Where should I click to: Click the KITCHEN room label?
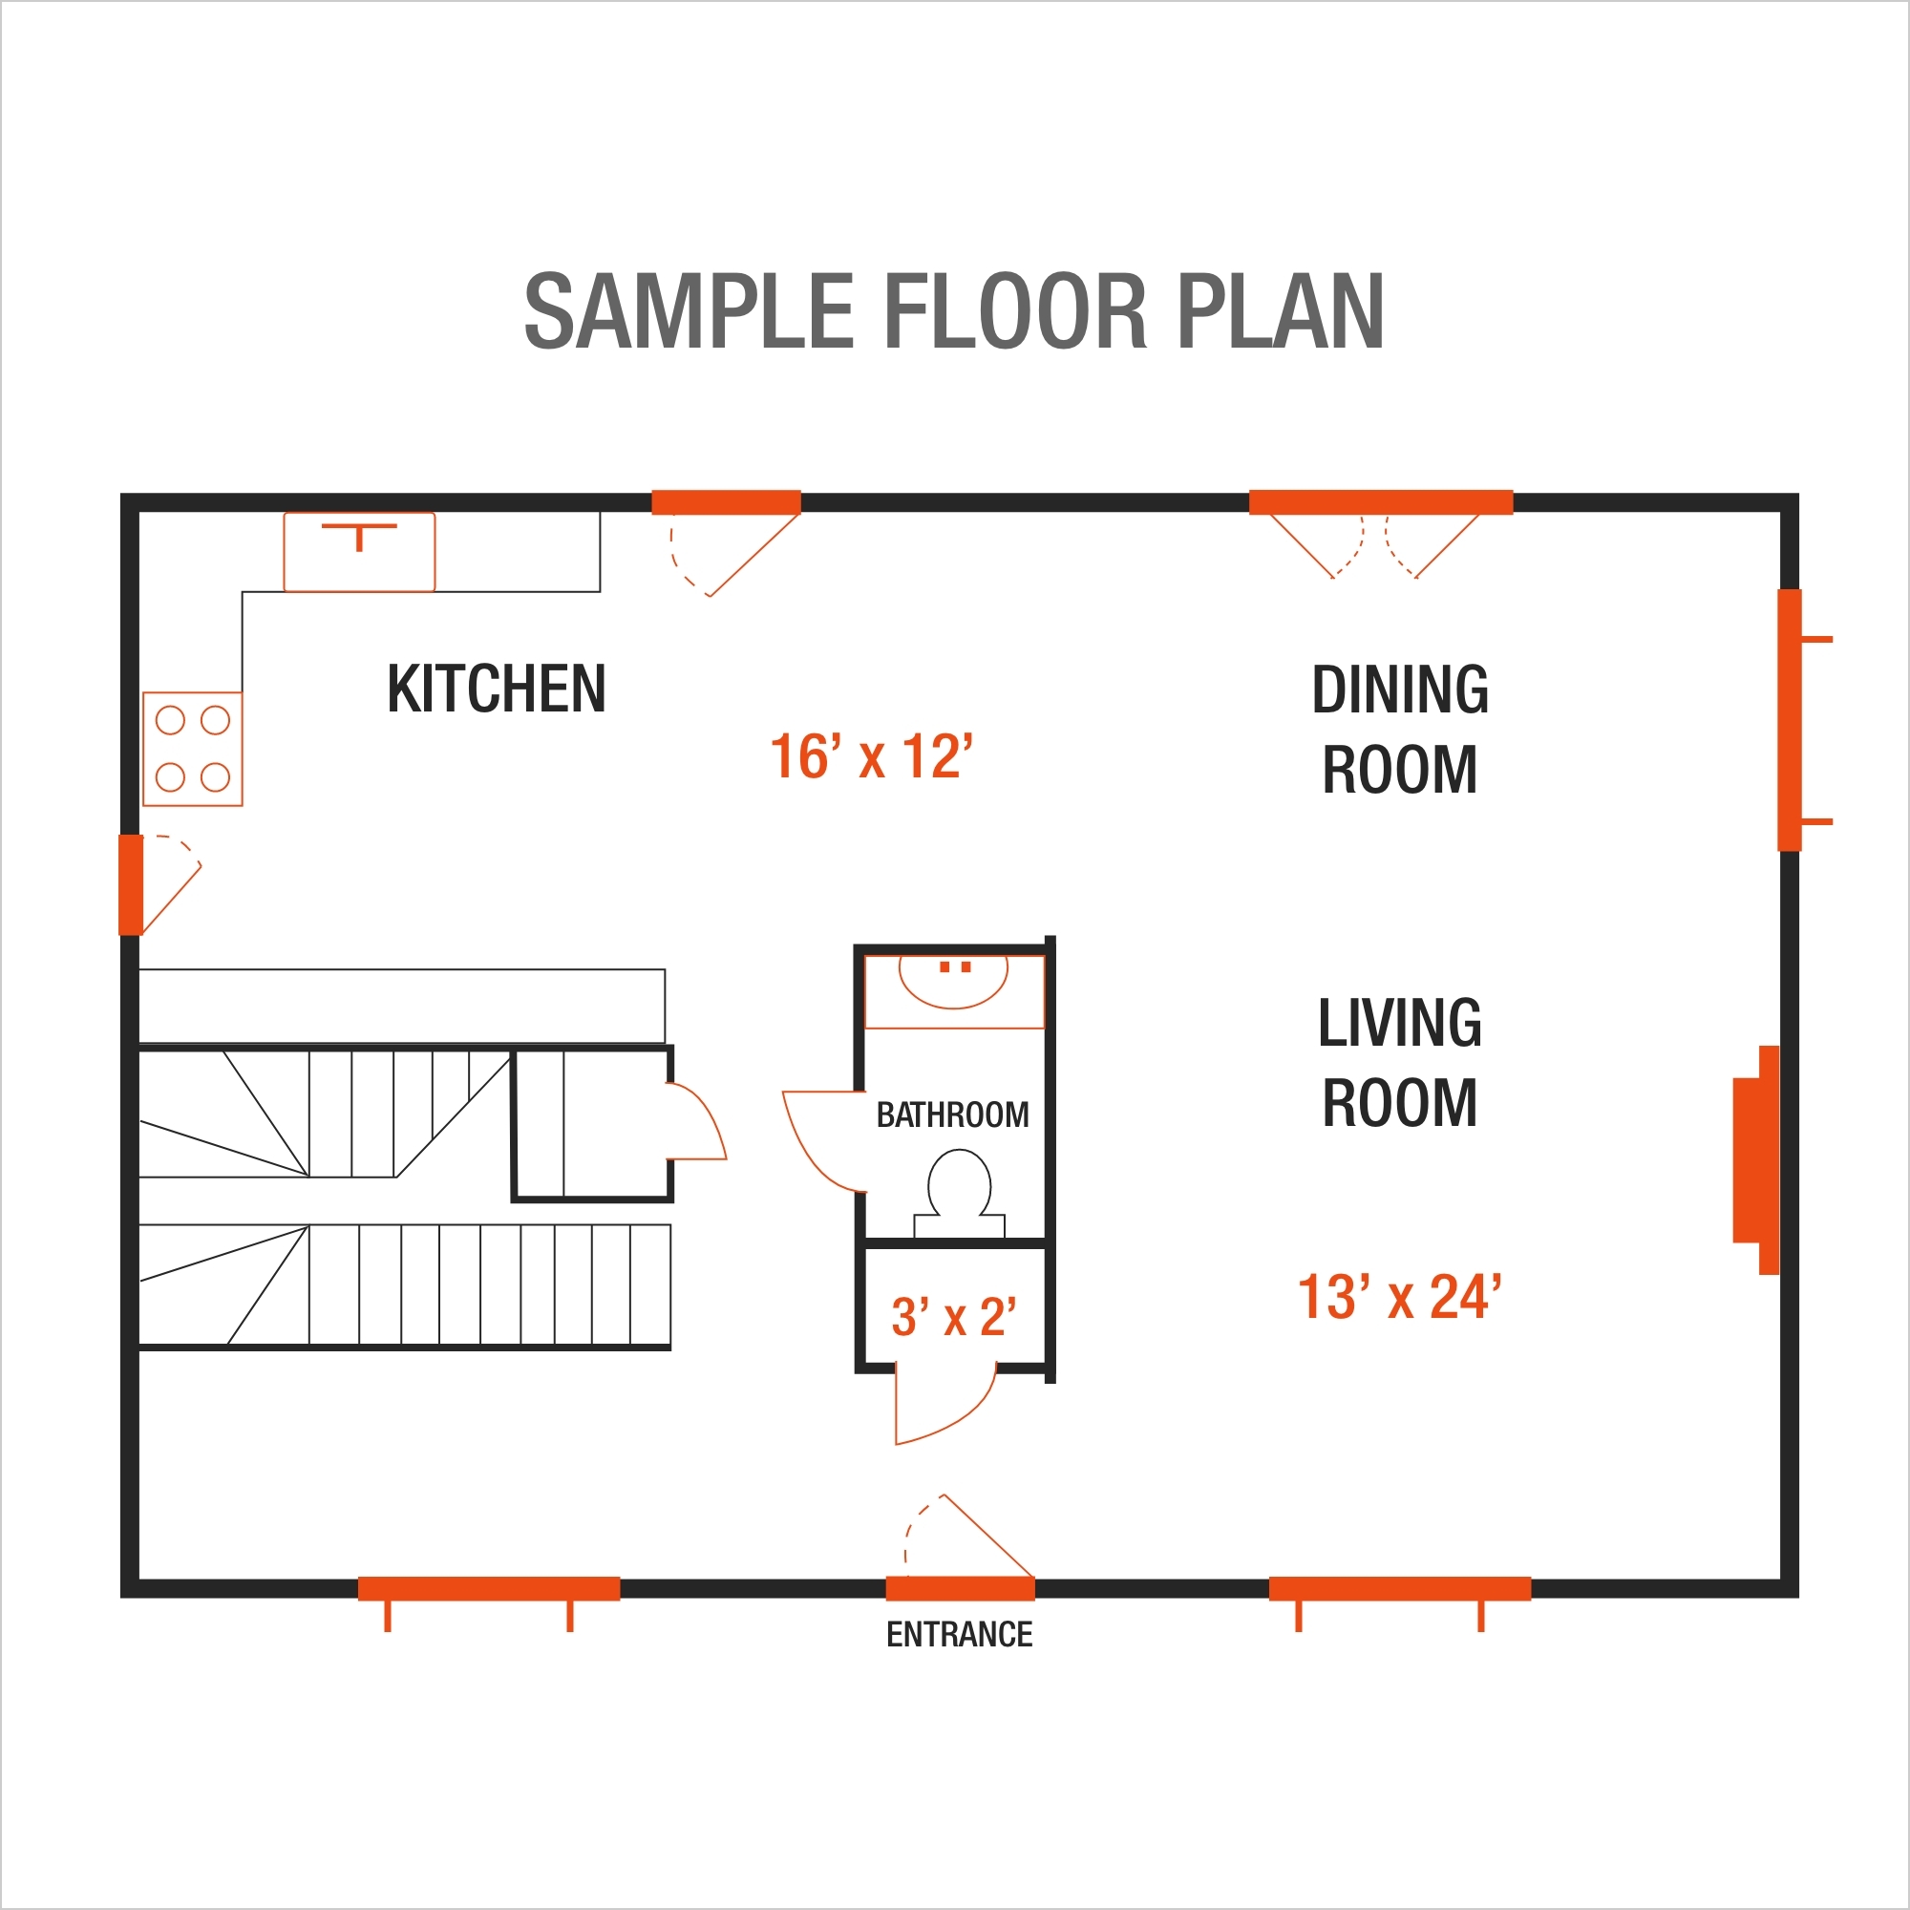pos(497,690)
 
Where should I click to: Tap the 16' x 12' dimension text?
pos(871,757)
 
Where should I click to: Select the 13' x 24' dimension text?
pos(1399,1297)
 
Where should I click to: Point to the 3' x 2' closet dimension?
pos(953,1318)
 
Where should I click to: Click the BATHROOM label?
pos(952,1115)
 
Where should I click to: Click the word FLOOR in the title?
pos(1014,312)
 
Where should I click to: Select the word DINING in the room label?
pos(1399,690)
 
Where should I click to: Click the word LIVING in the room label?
pos(1399,1023)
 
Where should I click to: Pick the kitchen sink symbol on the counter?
pos(359,552)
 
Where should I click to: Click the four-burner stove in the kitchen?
pos(193,750)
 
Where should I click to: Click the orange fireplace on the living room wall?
pos(1756,1159)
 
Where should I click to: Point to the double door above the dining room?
pos(1380,502)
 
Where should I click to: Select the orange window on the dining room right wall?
pos(1790,720)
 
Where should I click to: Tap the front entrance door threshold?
pos(960,1589)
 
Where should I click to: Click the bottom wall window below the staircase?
pos(488,1589)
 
